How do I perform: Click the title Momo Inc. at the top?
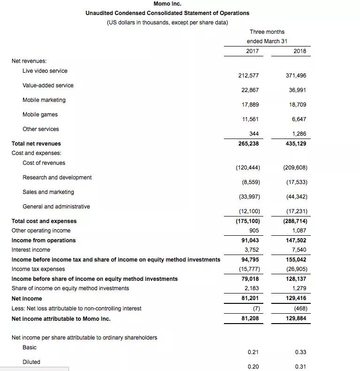tap(167, 4)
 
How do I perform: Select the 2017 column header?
tap(252, 51)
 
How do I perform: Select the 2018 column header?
tap(299, 51)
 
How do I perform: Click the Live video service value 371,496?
tap(296, 76)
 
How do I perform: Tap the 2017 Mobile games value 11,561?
tap(250, 119)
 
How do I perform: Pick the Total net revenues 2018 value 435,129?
tap(296, 144)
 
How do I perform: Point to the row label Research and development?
tap(57, 178)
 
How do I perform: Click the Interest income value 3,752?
tap(252, 250)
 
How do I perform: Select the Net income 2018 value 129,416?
tap(296, 298)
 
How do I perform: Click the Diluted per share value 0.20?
tap(253, 367)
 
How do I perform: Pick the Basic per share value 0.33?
tap(301, 352)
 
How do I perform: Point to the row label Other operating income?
tap(41, 231)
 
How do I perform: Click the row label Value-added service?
tap(48, 85)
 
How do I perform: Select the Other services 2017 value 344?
tap(254, 134)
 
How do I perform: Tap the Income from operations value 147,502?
tap(296, 240)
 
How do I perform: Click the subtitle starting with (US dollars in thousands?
tap(167, 23)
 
